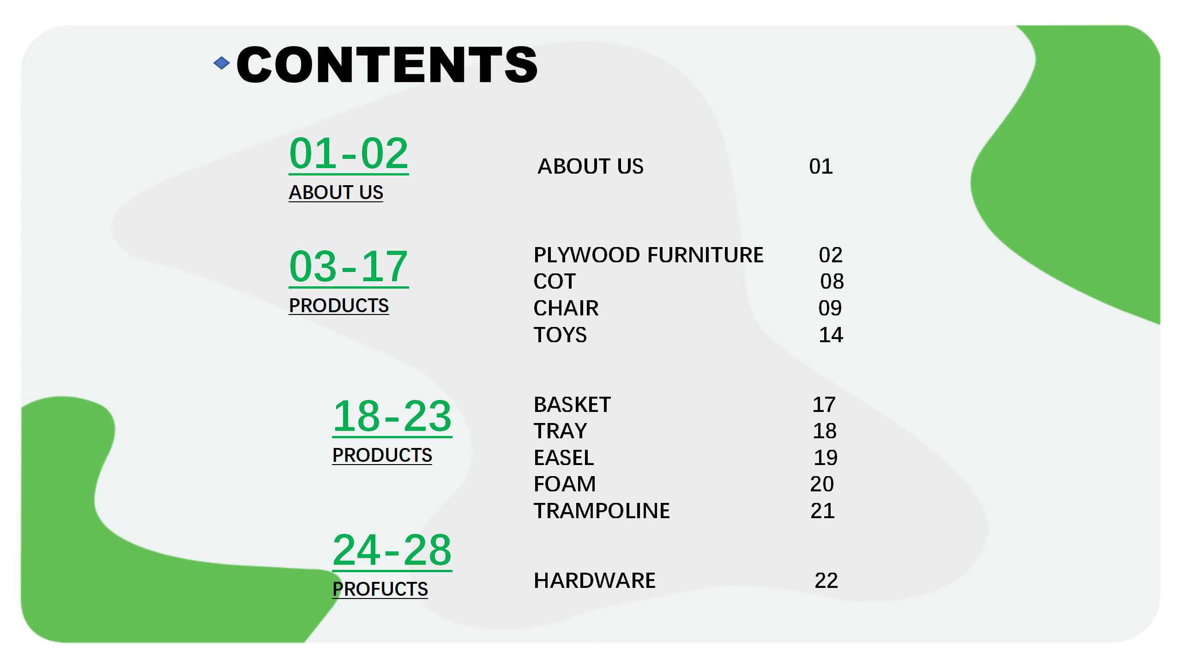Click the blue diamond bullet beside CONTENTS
(222, 63)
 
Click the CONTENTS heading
(387, 65)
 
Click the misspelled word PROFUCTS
(380, 589)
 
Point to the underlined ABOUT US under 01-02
(336, 192)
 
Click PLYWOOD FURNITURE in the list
(649, 255)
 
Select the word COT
(555, 281)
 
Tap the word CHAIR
(566, 308)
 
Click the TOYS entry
(560, 335)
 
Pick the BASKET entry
(572, 405)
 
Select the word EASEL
(564, 458)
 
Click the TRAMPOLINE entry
(602, 511)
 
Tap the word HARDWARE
(595, 580)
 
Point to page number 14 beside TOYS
(831, 335)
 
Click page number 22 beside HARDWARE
(826, 580)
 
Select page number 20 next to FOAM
(822, 484)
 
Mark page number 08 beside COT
(832, 281)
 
